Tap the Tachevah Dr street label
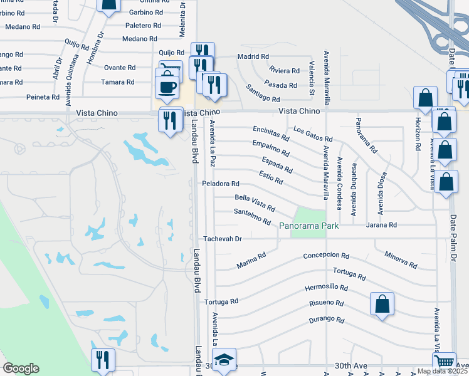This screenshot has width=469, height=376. (222, 239)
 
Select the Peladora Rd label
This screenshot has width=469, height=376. (220, 184)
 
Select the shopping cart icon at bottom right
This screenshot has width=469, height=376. (444, 362)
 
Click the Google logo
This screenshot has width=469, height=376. (21, 368)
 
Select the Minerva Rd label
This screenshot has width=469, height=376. (401, 260)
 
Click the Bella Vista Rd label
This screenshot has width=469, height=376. (255, 202)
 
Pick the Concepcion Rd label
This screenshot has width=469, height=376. (325, 255)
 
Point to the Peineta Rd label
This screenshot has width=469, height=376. (43, 97)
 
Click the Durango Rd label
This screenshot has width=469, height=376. (327, 320)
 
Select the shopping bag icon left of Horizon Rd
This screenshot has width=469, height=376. (425, 98)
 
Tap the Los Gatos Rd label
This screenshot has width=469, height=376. (313, 135)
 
